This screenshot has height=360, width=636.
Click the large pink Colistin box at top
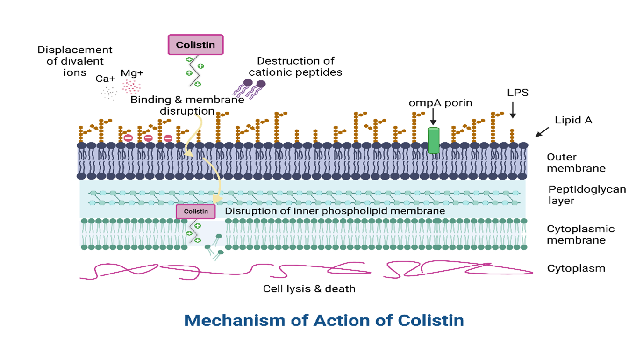[195, 45]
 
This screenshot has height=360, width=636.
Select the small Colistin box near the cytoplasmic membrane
[196, 211]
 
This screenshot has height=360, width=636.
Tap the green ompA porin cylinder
[434, 140]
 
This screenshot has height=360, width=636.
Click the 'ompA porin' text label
[441, 103]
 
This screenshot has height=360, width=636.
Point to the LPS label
[518, 93]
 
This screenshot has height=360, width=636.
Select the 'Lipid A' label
[573, 120]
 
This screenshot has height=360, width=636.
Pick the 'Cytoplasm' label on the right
[576, 268]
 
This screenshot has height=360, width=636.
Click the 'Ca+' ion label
[105, 79]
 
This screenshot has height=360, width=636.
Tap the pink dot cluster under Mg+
[131, 87]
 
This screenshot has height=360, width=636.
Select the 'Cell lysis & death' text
[309, 288]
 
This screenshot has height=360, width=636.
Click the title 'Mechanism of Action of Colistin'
[324, 321]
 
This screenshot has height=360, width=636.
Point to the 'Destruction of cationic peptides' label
[295, 66]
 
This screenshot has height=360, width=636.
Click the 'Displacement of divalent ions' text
[75, 61]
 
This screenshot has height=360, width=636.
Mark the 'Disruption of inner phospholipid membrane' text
[335, 211]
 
